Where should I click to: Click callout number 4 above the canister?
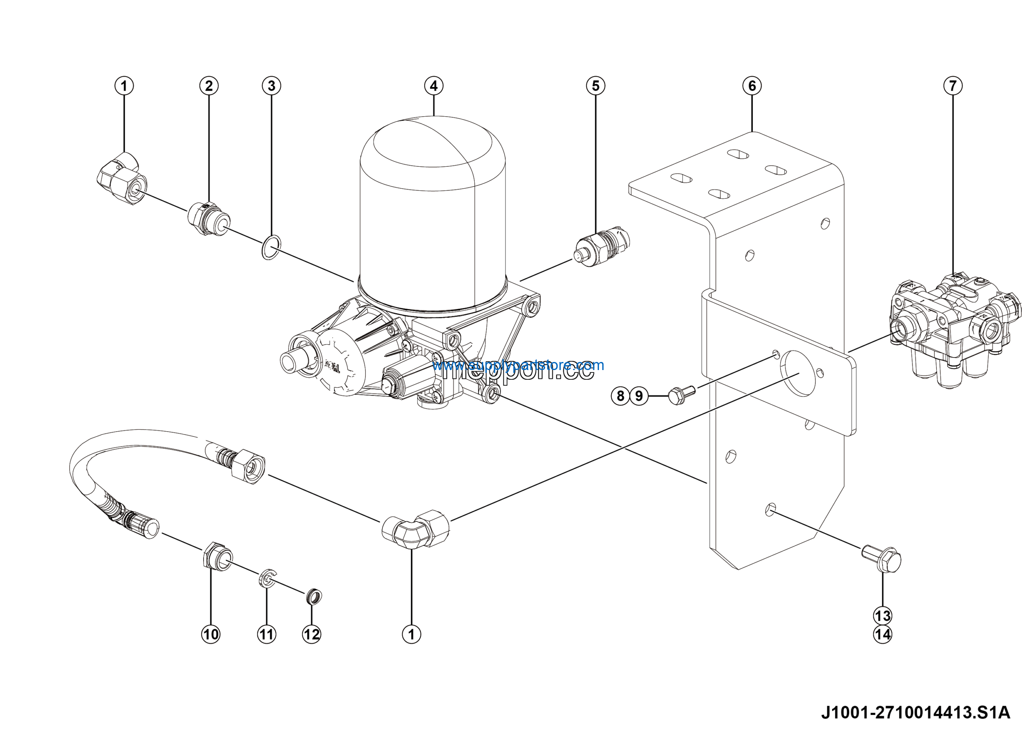433,86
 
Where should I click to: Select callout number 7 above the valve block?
953,86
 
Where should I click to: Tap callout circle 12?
311,634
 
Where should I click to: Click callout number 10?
211,634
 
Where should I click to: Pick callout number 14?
883,634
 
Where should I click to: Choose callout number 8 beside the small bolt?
620,396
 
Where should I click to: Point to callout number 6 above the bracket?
752,86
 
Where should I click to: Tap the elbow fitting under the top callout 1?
122,178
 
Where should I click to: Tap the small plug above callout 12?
314,597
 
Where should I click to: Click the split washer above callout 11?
267,578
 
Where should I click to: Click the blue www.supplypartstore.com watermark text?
518,365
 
